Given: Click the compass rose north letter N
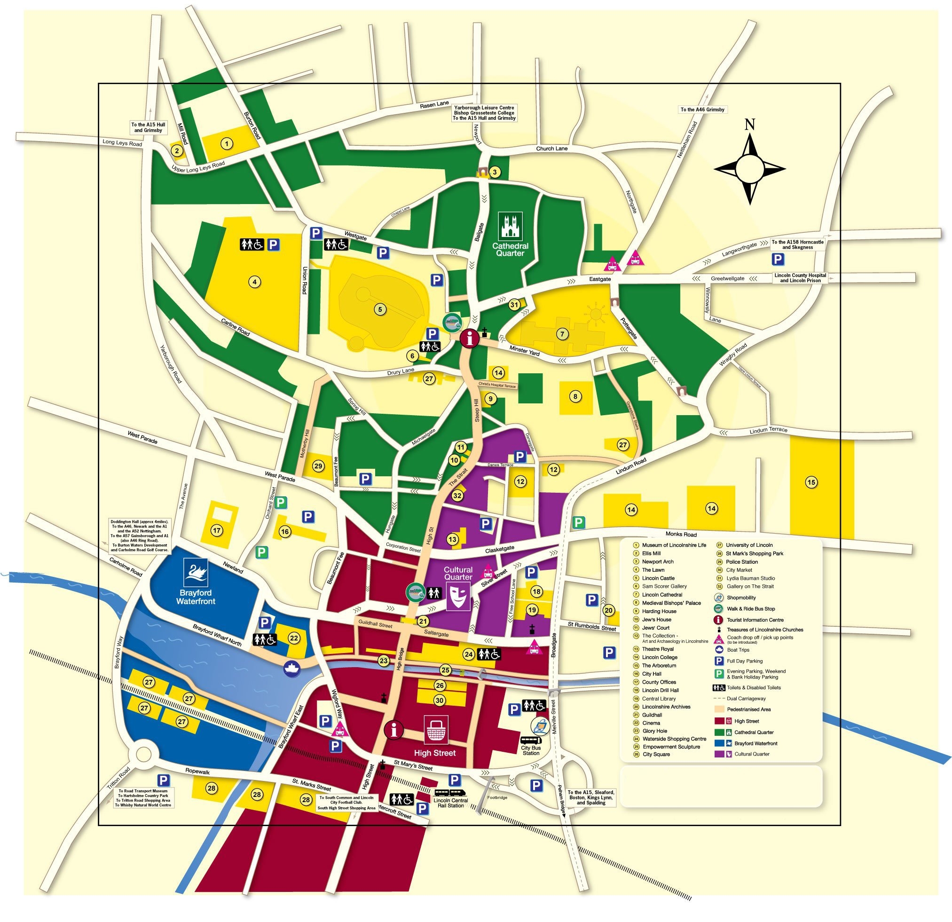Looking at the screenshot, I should (x=749, y=125).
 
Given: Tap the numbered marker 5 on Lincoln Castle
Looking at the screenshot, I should (x=380, y=309).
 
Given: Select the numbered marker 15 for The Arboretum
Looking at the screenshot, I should (x=811, y=482).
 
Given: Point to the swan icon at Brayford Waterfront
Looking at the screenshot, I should (x=196, y=572).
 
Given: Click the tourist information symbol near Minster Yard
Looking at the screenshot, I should (x=469, y=338).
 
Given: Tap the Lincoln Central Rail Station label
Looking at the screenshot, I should (x=451, y=803).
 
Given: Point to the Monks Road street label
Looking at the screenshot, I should (x=681, y=535).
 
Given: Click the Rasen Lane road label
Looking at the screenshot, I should (x=434, y=104).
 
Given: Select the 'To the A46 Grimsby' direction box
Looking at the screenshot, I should (x=702, y=110).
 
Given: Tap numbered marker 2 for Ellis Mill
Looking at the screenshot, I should (x=177, y=150).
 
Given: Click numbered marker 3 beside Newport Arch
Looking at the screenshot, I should (x=495, y=172).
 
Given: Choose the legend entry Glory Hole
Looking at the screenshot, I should (x=654, y=731).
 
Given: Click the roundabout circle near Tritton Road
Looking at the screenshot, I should (x=144, y=755).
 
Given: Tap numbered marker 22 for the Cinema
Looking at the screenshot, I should (x=294, y=638).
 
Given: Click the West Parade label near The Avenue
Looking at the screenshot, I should (x=142, y=437).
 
